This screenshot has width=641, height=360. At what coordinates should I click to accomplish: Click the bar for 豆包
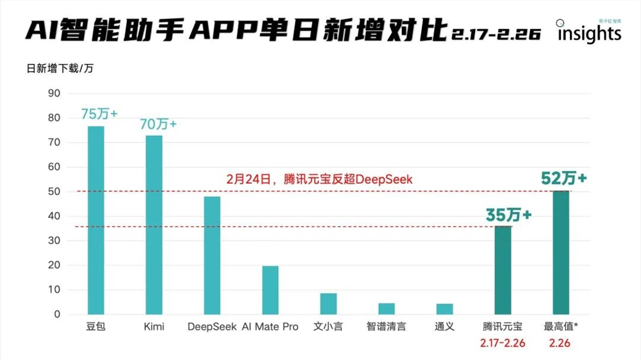(x=96, y=220)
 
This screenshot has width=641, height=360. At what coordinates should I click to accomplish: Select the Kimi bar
(x=154, y=225)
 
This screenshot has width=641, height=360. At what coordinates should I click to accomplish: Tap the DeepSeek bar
(x=212, y=256)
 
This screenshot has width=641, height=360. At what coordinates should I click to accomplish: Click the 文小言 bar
(x=328, y=304)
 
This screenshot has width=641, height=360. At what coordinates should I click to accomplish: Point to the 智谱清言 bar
(x=387, y=309)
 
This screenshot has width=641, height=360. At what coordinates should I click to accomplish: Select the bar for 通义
(x=444, y=309)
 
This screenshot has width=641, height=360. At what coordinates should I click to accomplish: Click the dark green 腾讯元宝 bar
(x=503, y=270)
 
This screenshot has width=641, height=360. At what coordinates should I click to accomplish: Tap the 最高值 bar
(x=561, y=252)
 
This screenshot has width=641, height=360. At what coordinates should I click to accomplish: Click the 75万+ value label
(x=99, y=114)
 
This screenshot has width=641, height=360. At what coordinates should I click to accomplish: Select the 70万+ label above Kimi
(x=158, y=124)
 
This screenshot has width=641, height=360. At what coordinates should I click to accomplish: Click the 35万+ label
(x=508, y=216)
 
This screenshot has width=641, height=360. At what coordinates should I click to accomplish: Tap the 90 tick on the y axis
(x=54, y=94)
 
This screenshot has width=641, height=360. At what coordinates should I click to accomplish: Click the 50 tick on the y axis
(x=54, y=192)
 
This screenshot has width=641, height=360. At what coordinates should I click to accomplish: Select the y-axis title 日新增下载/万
(x=60, y=69)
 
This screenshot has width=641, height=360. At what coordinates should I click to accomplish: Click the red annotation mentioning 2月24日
(x=319, y=180)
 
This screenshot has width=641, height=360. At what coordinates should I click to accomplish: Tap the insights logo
(x=588, y=32)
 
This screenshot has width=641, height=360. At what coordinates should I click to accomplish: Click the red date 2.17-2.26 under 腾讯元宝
(x=503, y=343)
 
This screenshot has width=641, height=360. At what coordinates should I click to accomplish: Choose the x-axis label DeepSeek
(x=212, y=327)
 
